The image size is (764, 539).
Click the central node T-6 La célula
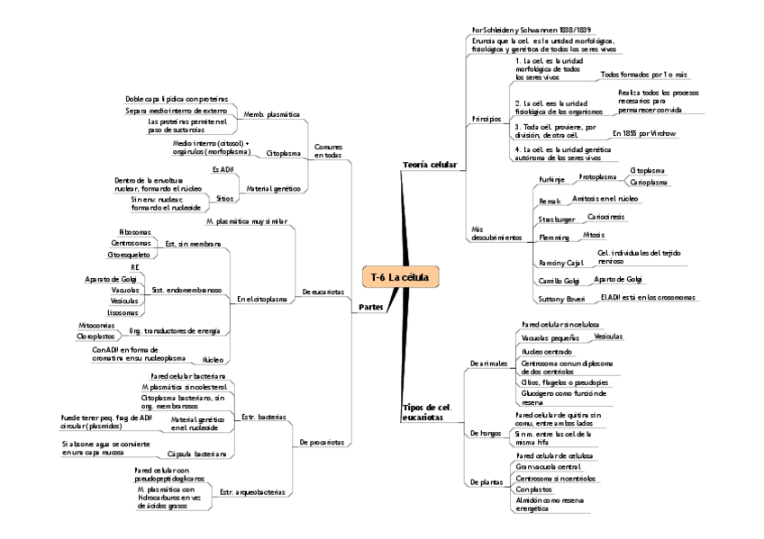point(400,277)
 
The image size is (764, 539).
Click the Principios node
point(486,119)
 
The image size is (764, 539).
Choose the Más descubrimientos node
point(496,232)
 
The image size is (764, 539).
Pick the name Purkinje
point(551,180)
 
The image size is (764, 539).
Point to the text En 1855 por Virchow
point(643,133)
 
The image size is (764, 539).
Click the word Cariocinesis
point(605,216)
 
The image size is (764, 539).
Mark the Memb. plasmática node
point(271,115)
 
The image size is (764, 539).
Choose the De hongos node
point(487,434)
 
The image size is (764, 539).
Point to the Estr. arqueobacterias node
point(252,492)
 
